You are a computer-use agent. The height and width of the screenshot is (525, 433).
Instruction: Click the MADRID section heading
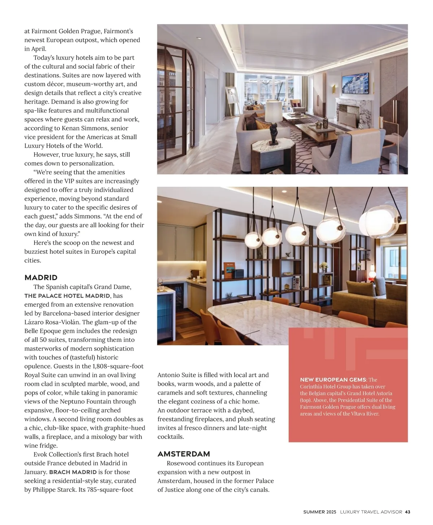pos(41,278)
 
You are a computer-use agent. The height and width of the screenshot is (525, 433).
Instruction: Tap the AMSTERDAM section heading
pos(184,454)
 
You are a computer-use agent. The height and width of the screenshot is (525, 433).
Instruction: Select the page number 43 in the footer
pos(407,512)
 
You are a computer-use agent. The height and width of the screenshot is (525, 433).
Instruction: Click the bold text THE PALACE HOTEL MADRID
pos(67,296)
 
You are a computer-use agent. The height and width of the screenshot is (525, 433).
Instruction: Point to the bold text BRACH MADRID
pos(73,472)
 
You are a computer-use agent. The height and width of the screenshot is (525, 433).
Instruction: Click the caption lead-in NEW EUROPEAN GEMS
pos(333,379)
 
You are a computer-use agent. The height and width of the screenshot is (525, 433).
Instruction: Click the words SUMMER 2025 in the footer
pos(320,512)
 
